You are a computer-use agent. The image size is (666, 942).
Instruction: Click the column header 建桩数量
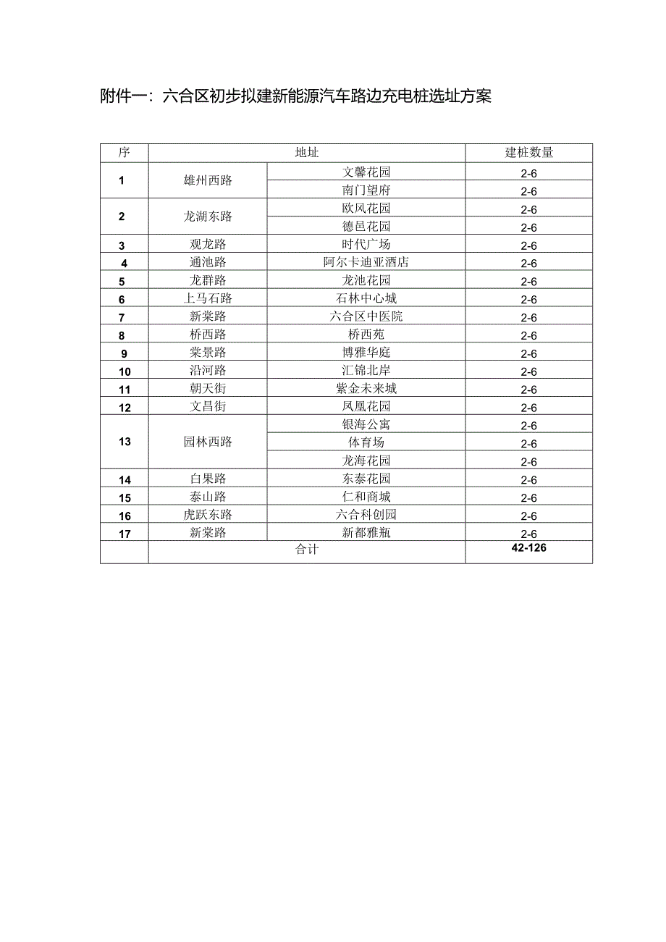coord(528,153)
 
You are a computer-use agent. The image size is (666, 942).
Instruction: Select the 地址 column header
coord(306,153)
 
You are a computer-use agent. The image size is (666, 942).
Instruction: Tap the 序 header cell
coord(124,153)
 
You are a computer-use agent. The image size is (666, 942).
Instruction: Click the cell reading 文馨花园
coord(366,172)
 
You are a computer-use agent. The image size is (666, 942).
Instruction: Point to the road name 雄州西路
coord(208,181)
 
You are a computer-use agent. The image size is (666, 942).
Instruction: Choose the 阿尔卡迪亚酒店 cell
coord(366,262)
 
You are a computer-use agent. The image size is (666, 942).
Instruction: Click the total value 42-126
coord(528,548)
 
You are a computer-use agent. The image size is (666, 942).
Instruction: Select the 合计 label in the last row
coord(306,550)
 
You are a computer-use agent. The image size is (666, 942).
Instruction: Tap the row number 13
coord(125,442)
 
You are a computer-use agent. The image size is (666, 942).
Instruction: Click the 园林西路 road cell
coord(208,442)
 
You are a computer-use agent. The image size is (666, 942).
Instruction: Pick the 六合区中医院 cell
coord(366,316)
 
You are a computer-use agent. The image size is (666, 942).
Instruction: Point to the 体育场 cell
coord(366,442)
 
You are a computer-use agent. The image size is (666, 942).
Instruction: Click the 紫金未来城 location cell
coord(366,388)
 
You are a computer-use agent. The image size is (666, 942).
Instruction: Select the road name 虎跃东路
coord(208,515)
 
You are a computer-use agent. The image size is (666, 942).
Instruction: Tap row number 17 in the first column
coord(125,534)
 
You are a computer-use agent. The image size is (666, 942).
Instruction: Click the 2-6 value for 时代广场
coord(528,245)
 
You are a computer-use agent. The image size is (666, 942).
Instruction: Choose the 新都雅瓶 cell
coord(366,533)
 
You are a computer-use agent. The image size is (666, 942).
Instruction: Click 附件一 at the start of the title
coord(125,96)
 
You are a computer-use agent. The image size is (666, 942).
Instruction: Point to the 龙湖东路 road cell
coord(208,216)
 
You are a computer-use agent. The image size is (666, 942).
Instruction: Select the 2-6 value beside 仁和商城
coord(528,498)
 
